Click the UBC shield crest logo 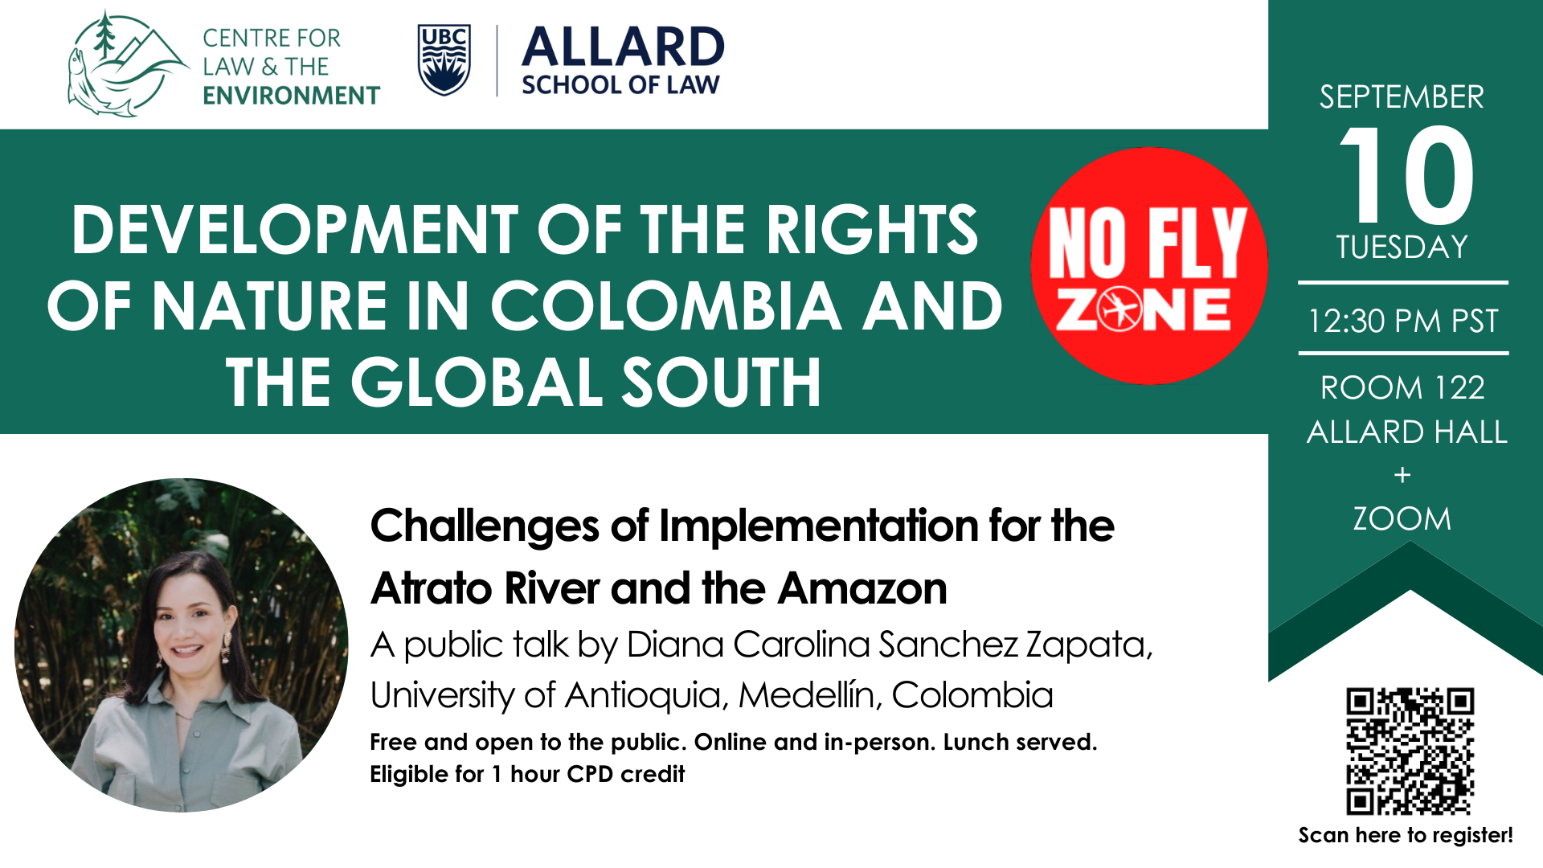[444, 60]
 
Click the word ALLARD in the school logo [623, 47]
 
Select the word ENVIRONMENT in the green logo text [291, 96]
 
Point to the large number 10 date [1406, 174]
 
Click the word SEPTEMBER [1402, 97]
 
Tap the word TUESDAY [1402, 247]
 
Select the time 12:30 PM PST [1403, 321]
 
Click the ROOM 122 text [1402, 388]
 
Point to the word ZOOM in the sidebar [1402, 519]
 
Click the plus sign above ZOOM [1402, 475]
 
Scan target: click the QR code [1410, 751]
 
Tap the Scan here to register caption [1406, 836]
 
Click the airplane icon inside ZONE [1119, 308]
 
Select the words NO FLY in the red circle [1148, 242]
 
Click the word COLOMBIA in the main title [666, 306]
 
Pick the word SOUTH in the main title [721, 383]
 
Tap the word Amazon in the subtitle [862, 589]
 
